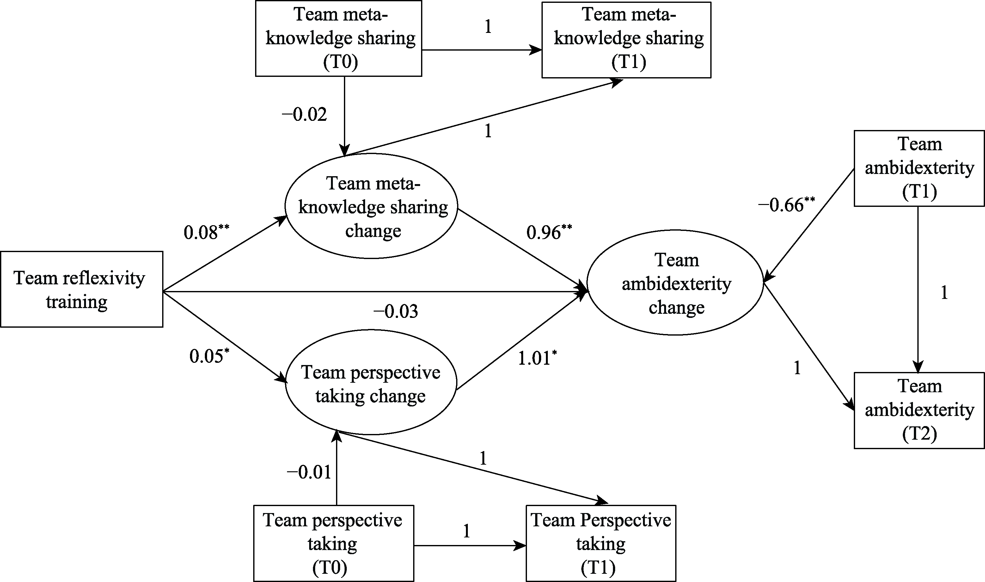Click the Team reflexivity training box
point(82,289)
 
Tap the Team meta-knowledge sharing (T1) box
point(626,40)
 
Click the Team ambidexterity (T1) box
point(919,168)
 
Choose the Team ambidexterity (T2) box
point(919,410)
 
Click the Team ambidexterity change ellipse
point(675,282)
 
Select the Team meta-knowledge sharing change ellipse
point(371,206)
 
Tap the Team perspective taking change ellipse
point(371,383)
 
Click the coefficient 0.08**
point(206,232)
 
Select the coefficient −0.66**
point(786,205)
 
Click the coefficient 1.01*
point(536,358)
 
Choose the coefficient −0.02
point(304,115)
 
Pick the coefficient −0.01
point(309,472)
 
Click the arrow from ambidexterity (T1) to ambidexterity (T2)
point(918,290)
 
